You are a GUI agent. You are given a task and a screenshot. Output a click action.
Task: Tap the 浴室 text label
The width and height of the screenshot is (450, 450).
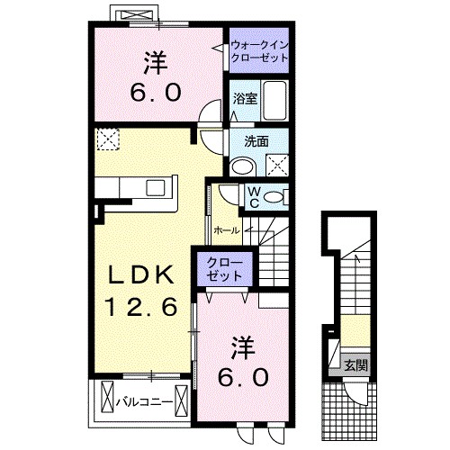click(246, 98)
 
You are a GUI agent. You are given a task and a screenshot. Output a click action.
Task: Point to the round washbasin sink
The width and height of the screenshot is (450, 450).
click(241, 165)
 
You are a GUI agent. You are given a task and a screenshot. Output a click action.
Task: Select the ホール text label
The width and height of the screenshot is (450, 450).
click(227, 230)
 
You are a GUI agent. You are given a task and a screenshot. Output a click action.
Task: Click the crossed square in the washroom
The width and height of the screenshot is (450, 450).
click(277, 164)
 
